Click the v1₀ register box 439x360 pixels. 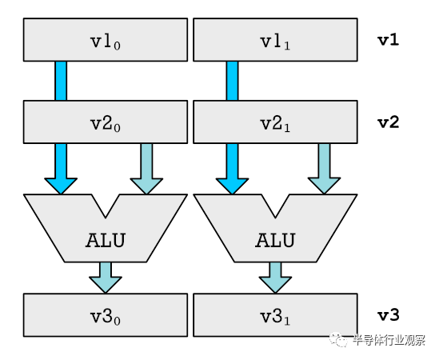pos(106,40)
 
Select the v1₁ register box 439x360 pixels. pos(275,40)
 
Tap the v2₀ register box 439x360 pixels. pos(106,122)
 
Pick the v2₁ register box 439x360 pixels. pos(275,122)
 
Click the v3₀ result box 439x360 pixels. pos(106,315)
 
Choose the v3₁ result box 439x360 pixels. pos(275,315)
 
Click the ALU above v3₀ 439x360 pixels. pos(106,238)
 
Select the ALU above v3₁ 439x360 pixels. pos(275,238)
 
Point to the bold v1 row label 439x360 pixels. pos(389,40)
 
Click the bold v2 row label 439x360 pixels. pos(389,122)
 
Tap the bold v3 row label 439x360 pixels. pos(389,315)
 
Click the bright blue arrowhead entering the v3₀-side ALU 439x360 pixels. pos(61,186)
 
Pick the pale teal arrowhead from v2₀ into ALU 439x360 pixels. pos(146,186)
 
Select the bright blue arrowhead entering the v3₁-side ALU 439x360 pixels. pos(232,186)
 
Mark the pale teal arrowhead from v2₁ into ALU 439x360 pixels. pos(324,186)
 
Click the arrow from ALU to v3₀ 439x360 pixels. pos(106,278)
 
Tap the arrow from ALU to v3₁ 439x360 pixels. pos(275,278)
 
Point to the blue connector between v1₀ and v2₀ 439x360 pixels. pos(61,81)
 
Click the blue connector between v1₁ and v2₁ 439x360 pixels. pos(232,81)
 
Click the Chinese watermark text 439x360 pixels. pos(389,340)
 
